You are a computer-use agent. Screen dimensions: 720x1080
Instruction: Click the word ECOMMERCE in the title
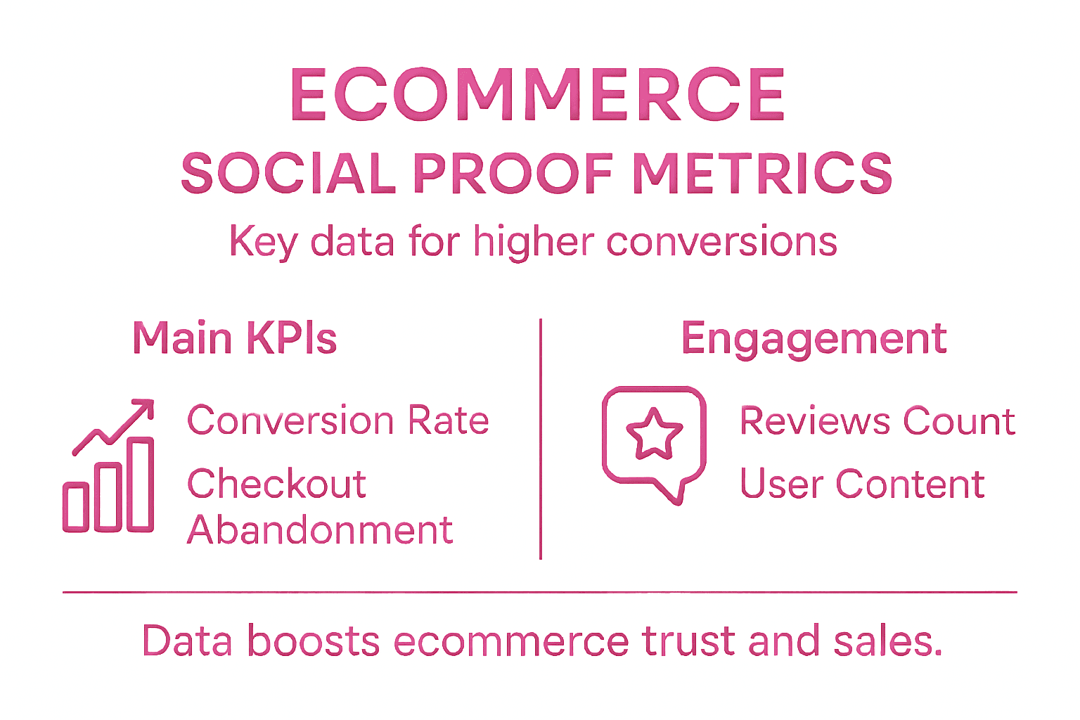point(538,95)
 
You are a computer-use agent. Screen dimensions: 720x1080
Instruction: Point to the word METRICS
point(763,174)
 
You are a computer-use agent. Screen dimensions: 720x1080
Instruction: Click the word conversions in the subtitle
point(721,242)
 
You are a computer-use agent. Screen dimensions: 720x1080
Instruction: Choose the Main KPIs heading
point(235,338)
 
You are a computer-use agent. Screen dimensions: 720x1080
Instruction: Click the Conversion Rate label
point(338,421)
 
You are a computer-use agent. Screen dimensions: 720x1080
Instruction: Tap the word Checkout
point(277,484)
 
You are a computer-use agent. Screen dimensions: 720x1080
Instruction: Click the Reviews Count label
point(877,422)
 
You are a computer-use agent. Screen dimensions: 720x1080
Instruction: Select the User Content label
point(862,484)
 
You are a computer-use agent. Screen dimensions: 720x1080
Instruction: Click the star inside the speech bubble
point(654,434)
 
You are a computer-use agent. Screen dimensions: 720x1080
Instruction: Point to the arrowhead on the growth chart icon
point(145,407)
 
